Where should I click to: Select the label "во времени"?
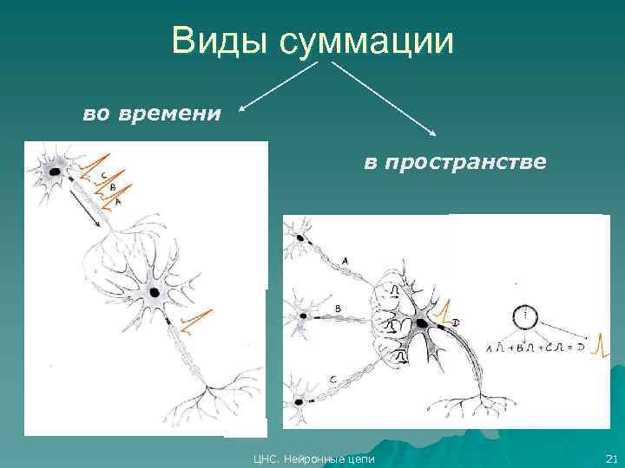click(152, 114)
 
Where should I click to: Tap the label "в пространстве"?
click(454, 162)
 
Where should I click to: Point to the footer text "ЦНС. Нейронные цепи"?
click(313, 458)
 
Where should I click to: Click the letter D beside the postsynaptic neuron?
click(456, 323)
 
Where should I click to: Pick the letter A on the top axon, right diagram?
click(345, 260)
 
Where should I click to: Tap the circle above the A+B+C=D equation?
click(525, 316)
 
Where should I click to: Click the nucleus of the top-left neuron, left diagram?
click(55, 172)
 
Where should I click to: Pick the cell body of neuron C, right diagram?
click(300, 401)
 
